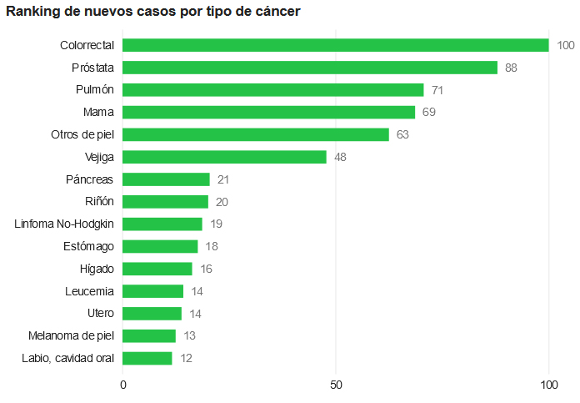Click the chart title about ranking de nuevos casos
153,12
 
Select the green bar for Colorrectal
336,45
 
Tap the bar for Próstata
310,68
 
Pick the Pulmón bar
273,90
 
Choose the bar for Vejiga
225,157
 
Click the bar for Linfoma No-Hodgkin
163,224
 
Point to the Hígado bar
157,269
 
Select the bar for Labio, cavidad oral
147,358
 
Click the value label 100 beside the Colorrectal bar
566,45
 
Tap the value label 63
403,134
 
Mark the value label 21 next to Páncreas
223,179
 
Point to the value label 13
190,335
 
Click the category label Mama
98,112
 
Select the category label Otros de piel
82,134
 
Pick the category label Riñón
99,201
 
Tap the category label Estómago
88,246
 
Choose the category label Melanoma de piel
71,335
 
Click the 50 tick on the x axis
336,385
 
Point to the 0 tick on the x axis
123,385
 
